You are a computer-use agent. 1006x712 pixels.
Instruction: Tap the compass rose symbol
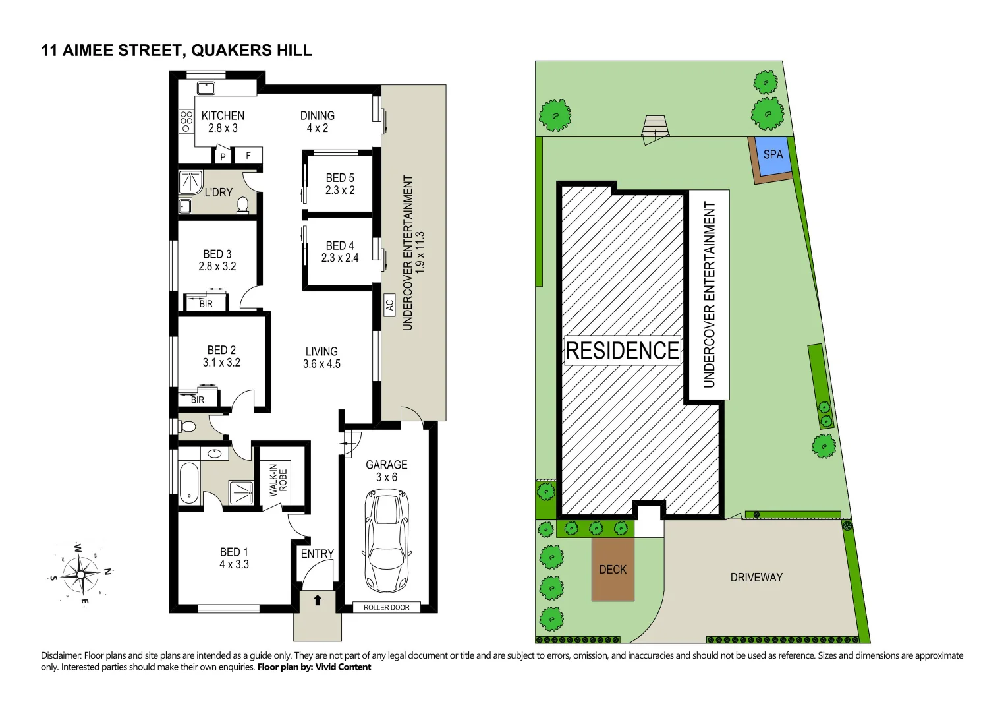tap(80, 573)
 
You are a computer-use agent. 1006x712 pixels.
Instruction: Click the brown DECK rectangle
tap(613, 569)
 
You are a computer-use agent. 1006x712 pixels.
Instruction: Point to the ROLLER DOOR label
tap(386, 607)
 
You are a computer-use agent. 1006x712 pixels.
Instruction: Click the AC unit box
tap(389, 305)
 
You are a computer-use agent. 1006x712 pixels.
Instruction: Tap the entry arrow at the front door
tap(318, 600)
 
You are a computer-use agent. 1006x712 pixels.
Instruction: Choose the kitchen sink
tap(206, 88)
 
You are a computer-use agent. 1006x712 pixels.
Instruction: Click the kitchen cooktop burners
tap(186, 121)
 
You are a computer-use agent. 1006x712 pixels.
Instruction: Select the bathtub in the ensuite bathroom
tap(189, 483)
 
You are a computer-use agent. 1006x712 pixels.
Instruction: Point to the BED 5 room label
tap(340, 184)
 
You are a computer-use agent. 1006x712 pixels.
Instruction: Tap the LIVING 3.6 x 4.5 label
tap(321, 357)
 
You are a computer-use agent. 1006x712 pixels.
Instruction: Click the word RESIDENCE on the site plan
tap(622, 350)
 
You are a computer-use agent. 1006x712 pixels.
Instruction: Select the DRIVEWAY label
tap(756, 578)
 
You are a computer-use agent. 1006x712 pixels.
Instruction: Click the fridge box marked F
tap(248, 156)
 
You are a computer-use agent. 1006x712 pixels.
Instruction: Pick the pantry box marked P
tap(223, 156)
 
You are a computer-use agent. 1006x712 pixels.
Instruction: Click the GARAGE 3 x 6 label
tap(386, 471)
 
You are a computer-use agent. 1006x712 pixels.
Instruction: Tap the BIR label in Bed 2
tap(197, 400)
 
